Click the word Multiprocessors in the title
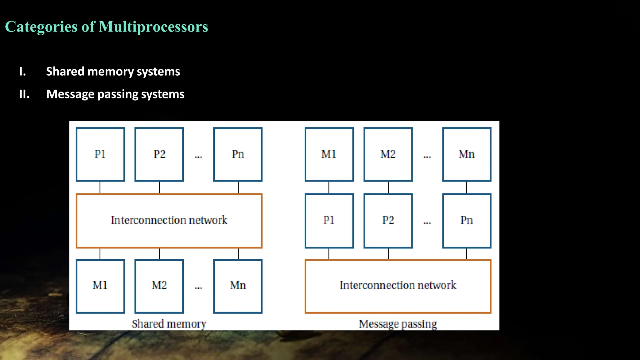pos(153,27)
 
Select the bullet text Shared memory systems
pos(113,72)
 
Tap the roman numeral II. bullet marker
pos(24,94)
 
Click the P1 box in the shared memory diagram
pos(100,154)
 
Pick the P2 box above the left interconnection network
pos(159,154)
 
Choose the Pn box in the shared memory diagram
pos(238,154)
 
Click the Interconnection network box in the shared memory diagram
pos(169,221)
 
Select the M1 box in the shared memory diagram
pos(100,286)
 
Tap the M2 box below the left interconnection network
pos(159,286)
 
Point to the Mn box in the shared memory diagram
pos(238,286)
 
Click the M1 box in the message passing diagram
pos(329,154)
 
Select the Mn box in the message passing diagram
pos(467,154)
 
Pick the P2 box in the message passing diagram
pos(388,221)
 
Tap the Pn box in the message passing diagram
pos(467,221)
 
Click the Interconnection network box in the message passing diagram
pos(398,286)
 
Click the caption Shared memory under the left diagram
pos(169,324)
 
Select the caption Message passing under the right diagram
pos(398,324)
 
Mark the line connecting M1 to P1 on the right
pos(329,187)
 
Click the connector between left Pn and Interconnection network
pos(238,187)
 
